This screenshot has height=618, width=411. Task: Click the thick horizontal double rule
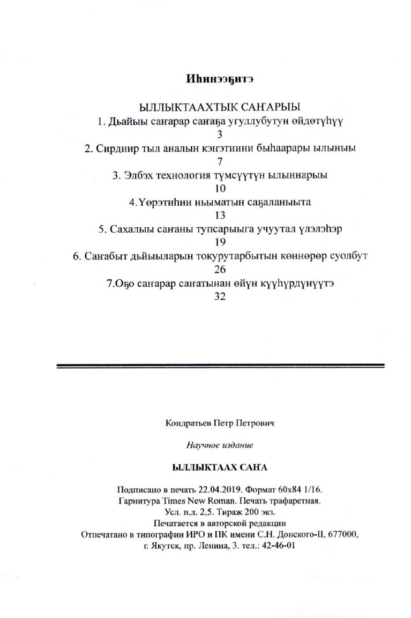click(220, 366)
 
